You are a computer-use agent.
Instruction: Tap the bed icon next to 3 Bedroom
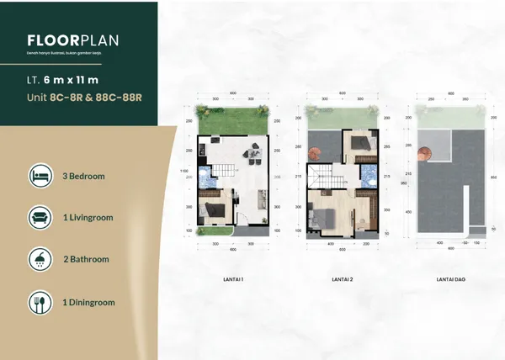(40, 177)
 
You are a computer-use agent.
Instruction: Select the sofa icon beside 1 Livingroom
(40, 217)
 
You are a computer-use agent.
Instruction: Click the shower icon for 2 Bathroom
(40, 258)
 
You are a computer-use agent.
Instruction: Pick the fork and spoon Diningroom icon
(40, 300)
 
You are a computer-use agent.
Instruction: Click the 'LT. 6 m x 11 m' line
(63, 81)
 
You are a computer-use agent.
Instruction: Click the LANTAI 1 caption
(233, 277)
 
